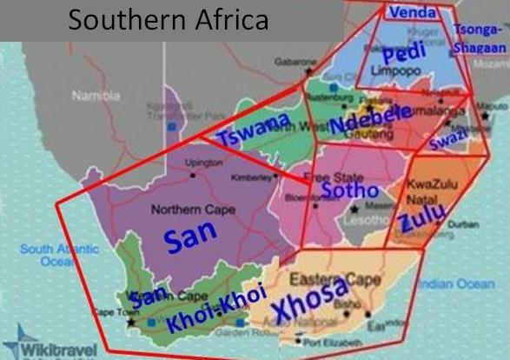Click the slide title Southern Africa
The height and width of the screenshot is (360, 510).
tap(169, 20)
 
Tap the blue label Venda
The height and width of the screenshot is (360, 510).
tap(413, 12)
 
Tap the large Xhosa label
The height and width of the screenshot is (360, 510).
tap(312, 303)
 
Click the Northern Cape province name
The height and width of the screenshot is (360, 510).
tap(187, 210)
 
